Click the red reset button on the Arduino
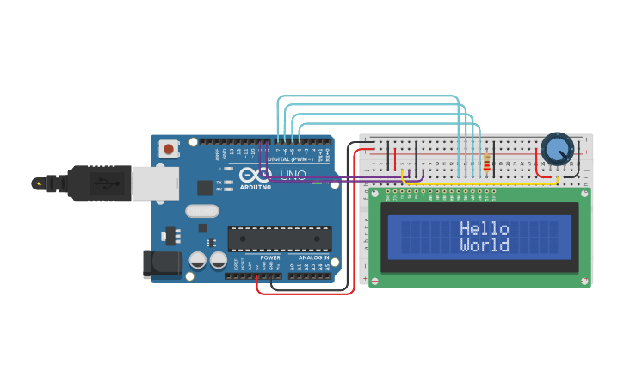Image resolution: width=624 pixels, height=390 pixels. (168, 149)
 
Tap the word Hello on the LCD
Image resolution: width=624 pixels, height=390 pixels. (484, 229)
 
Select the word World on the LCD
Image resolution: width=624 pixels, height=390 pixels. (484, 245)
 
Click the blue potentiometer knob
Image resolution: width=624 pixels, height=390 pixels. (557, 150)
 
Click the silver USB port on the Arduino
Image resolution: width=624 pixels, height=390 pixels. (155, 183)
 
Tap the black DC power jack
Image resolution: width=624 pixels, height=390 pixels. (162, 264)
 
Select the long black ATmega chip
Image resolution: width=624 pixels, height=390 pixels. (279, 239)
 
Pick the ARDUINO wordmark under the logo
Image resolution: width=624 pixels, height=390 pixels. (256, 187)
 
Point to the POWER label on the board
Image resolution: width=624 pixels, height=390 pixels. (270, 257)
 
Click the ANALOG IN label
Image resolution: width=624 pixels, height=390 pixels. (314, 257)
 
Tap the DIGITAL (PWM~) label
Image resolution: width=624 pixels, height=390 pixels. (291, 159)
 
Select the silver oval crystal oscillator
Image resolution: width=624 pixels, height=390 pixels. (203, 210)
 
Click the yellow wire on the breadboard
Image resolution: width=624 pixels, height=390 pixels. (482, 183)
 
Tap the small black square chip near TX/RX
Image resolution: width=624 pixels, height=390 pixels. (205, 188)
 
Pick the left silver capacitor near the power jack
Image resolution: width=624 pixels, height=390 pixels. (198, 259)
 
